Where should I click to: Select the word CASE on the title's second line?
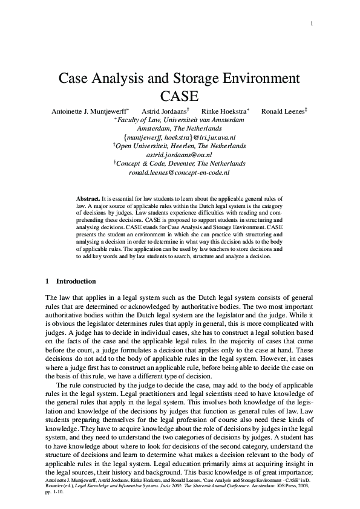(x=180, y=96)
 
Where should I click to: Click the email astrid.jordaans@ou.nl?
(x=180, y=155)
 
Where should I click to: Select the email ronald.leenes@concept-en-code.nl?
(x=180, y=172)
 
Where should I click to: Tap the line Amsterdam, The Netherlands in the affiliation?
(x=180, y=129)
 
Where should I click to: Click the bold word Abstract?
(x=88, y=198)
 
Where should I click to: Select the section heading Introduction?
(x=76, y=281)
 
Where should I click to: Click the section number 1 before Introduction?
(x=48, y=281)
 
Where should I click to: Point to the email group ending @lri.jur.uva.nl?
(x=180, y=138)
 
